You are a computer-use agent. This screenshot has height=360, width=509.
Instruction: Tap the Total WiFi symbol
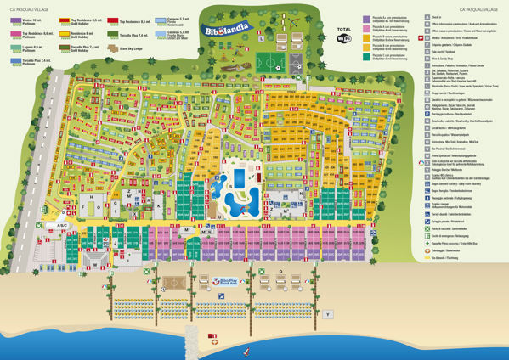coord(343,37)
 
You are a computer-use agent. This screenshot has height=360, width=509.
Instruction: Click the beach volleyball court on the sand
coord(175,281)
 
